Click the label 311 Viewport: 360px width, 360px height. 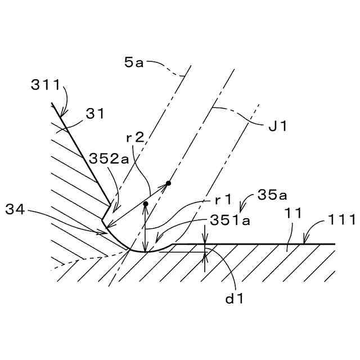pyautogui.click(x=46, y=85)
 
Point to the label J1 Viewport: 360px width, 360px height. pyautogui.click(x=278, y=127)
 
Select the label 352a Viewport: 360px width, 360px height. pyautogui.click(x=107, y=159)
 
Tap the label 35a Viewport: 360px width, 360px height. pyautogui.click(x=272, y=195)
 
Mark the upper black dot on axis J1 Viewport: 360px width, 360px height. pyautogui.click(x=168, y=183)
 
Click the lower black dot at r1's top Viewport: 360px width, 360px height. pyautogui.click(x=145, y=204)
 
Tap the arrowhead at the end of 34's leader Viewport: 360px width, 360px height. pyautogui.click(x=104, y=230)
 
